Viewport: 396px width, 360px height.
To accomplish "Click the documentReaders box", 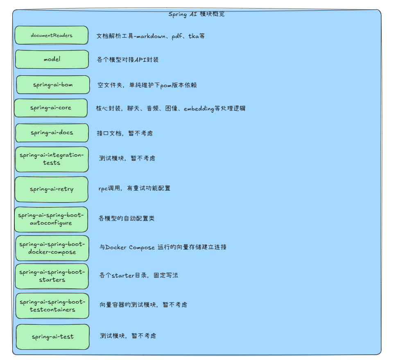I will [52, 35].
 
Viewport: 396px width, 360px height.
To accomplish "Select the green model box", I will [52, 59].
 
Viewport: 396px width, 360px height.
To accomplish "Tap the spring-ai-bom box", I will [53, 85].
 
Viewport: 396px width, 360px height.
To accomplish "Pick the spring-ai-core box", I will [51, 108].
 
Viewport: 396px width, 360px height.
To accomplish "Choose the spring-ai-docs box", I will [52, 133].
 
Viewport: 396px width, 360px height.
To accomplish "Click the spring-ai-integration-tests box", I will [52, 159].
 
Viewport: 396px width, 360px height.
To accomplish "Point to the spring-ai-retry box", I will [52, 189].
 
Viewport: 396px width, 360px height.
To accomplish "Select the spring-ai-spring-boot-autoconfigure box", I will [51, 219].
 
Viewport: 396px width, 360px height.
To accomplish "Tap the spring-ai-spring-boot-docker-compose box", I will [52, 248].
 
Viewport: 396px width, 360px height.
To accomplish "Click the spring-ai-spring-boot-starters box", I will [52, 276].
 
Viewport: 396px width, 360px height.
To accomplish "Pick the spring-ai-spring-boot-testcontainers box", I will [52, 306].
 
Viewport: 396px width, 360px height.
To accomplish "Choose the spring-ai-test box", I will [53, 337].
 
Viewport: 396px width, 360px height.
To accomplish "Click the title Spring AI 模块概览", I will [197, 14].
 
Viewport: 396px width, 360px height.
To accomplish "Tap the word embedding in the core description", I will [199, 108].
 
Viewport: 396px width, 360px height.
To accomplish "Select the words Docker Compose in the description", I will [130, 248].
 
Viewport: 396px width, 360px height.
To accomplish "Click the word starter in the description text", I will [123, 276].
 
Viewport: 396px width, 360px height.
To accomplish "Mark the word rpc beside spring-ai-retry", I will [103, 189].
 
